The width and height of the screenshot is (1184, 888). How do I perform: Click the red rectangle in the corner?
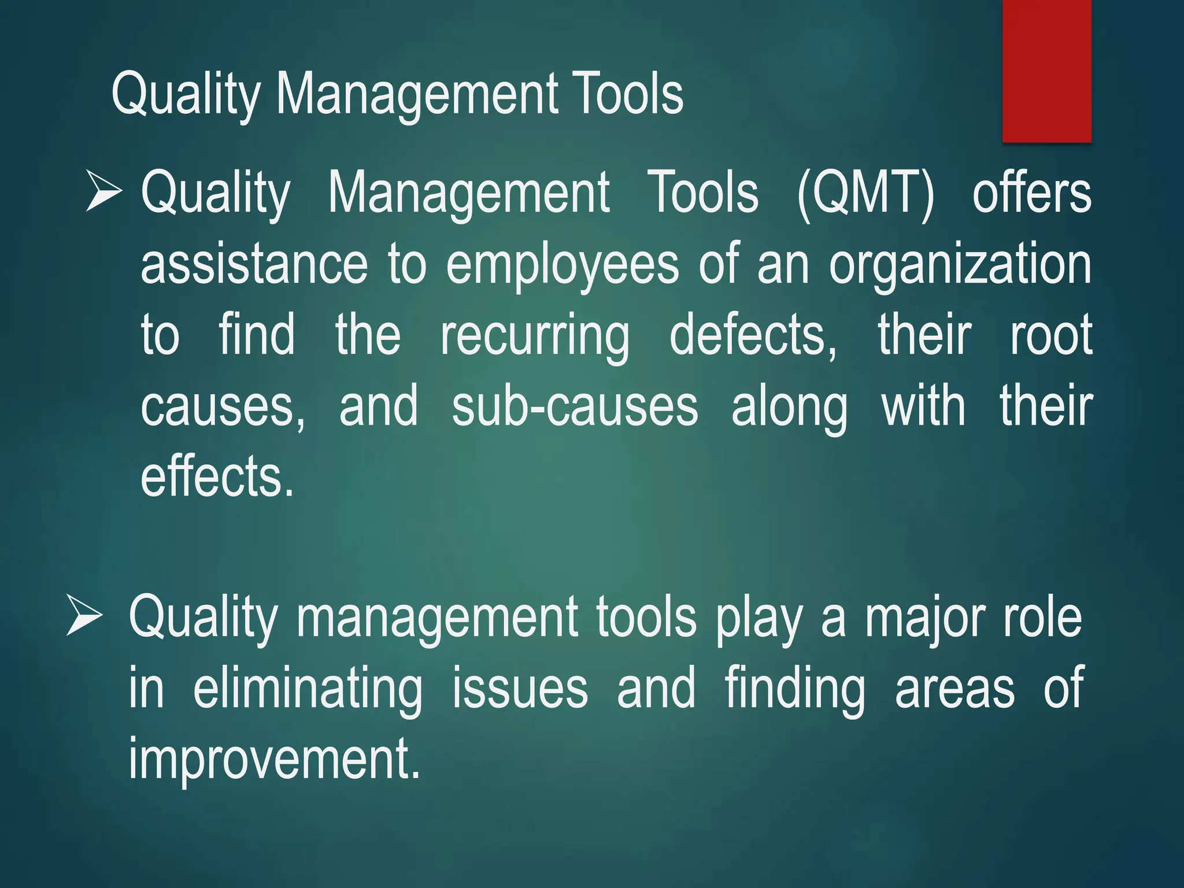[x=1046, y=71]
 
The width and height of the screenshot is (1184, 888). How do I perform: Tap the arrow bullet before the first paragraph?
[x=104, y=190]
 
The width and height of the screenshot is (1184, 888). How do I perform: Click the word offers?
[x=1032, y=193]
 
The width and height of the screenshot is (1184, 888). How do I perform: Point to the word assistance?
[x=254, y=264]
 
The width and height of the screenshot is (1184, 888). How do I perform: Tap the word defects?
[x=753, y=335]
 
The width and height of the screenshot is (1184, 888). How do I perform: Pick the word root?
[x=1051, y=335]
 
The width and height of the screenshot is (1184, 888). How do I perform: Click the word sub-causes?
[x=575, y=407]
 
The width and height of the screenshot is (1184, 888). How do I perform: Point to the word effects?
[x=217, y=477]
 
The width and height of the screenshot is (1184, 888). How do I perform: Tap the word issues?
[x=520, y=688]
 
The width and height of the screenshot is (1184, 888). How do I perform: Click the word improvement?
[x=273, y=759]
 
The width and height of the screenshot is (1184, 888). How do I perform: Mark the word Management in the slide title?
[x=417, y=95]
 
